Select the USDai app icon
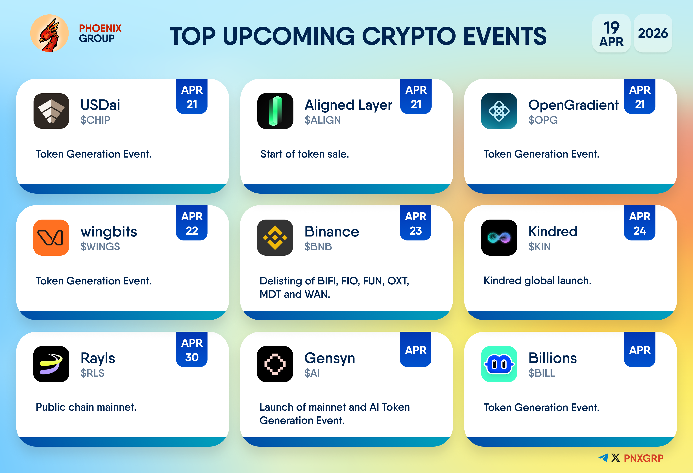pos(51,111)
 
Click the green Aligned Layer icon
pos(275,111)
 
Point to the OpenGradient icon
pos(499,111)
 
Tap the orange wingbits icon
pos(51,237)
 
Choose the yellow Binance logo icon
pos(275,237)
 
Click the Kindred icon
pos(499,237)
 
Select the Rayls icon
pos(51,364)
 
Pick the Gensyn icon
pos(275,364)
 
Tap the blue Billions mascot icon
pos(499,364)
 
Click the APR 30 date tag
pos(192,349)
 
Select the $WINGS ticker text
pos(100,247)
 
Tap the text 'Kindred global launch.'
pos(537,281)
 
